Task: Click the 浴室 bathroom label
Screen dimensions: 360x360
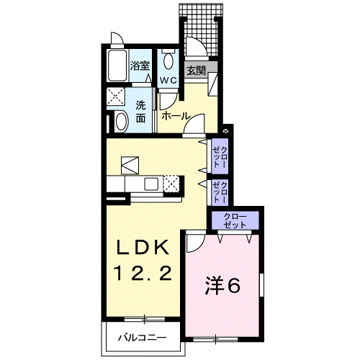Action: [140, 66]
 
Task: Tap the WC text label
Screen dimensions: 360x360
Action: [168, 81]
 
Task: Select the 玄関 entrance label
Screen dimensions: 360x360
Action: [197, 71]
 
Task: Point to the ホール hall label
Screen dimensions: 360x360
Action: [176, 117]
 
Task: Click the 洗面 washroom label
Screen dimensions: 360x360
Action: [141, 112]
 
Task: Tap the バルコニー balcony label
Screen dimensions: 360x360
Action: [142, 338]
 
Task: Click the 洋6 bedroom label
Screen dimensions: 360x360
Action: [222, 286]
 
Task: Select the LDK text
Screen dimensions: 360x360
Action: [142, 248]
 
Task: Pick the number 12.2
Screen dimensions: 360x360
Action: [143, 274]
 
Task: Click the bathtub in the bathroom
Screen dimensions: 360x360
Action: [117, 66]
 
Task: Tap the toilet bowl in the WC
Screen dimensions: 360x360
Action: [168, 60]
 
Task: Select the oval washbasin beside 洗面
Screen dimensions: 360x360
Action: [122, 121]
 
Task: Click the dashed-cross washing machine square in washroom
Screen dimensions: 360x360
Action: [116, 96]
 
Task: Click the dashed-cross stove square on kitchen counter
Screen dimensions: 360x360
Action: [171, 184]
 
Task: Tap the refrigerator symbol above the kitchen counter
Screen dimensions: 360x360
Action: [130, 165]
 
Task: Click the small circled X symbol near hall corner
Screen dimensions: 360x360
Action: [225, 131]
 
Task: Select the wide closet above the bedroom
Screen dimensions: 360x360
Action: [235, 220]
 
